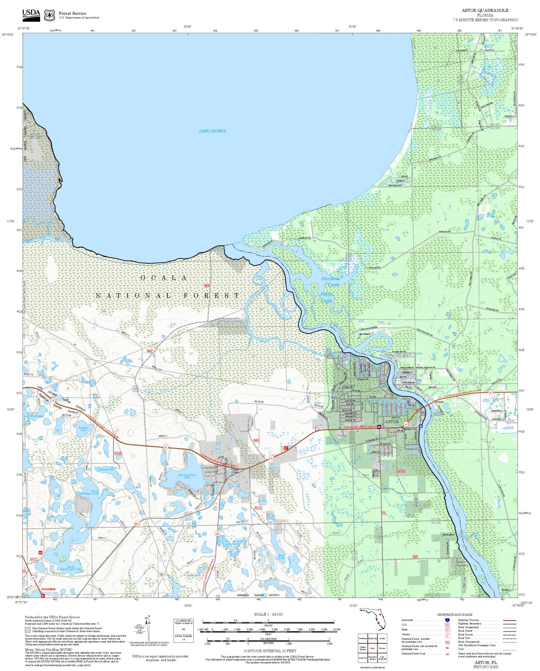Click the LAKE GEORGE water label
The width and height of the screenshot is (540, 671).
tap(212, 131)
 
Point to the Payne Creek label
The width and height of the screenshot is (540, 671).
tap(326, 297)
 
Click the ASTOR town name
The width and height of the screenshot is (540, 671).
tap(392, 422)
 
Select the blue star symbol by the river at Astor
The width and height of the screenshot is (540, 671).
tap(421, 426)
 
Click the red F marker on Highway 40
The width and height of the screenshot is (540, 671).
tap(286, 448)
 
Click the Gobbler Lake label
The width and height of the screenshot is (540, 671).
tap(83, 429)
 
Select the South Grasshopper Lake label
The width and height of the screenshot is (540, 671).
tap(71, 567)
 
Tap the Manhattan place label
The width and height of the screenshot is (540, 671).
tap(448, 534)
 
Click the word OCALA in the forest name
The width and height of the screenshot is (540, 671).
tap(164, 278)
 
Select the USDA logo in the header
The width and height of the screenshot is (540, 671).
tap(31, 15)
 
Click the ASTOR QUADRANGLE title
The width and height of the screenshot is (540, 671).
tap(485, 10)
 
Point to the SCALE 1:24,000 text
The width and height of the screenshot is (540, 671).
tap(268, 614)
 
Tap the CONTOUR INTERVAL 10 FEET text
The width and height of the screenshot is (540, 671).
tap(269, 651)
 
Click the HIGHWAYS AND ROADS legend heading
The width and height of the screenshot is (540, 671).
tap(454, 615)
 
